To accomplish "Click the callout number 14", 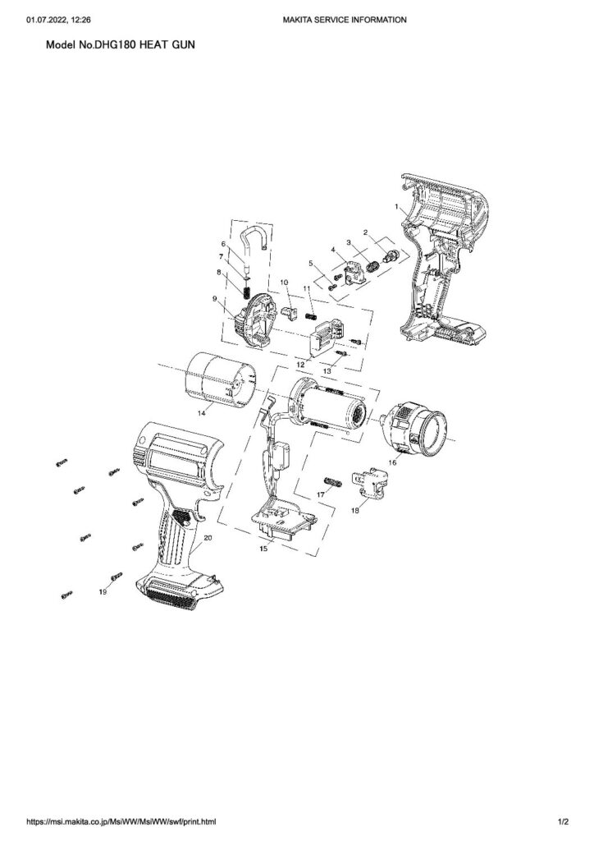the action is (x=202, y=412).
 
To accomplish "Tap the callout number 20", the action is (x=208, y=537).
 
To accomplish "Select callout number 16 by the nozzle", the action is (x=393, y=462).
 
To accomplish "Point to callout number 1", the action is (x=396, y=206).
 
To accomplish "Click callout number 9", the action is (x=215, y=299).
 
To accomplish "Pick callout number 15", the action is (x=263, y=548).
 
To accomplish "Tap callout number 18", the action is (x=355, y=511).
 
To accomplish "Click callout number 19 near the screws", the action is (x=103, y=591).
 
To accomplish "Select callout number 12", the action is (x=300, y=364).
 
